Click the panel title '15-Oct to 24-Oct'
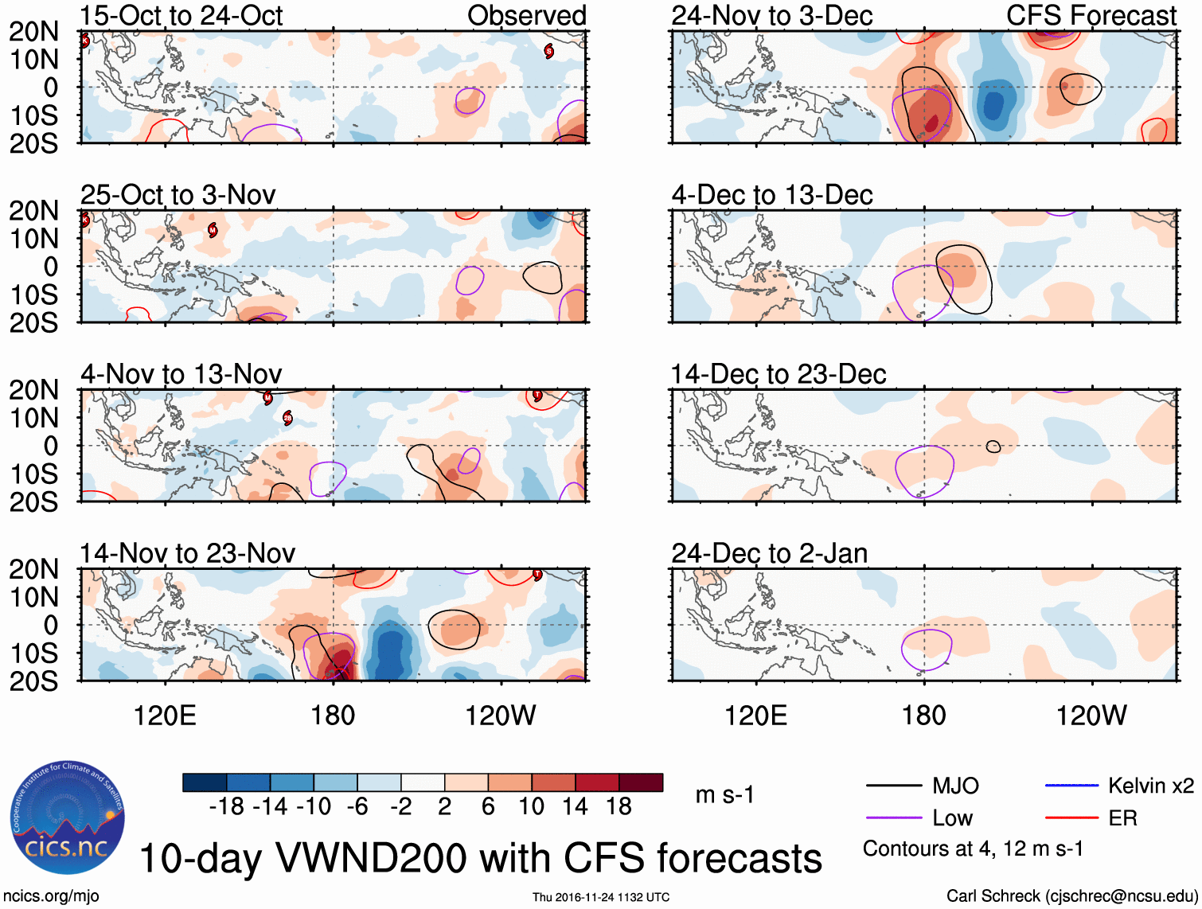pos(181,16)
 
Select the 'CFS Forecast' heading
pos(1091,16)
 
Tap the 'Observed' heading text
pos(526,16)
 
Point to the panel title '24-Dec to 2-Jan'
pos(769,553)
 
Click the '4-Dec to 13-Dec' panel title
pos(772,195)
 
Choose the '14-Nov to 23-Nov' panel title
pos(188,553)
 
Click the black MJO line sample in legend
pos(893,786)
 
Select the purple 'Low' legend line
pos(893,818)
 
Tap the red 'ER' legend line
pos(1071,818)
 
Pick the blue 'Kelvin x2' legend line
pos(1071,786)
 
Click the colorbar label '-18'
pos(227,806)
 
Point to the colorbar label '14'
pos(575,806)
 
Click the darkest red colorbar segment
pos(641,782)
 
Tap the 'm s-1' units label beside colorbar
pos(724,795)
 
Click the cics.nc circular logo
pos(67,817)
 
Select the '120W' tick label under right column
pos(1091,716)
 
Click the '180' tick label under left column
pos(333,716)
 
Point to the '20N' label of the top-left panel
pos(34,32)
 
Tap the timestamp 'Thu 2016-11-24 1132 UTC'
pos(601,897)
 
